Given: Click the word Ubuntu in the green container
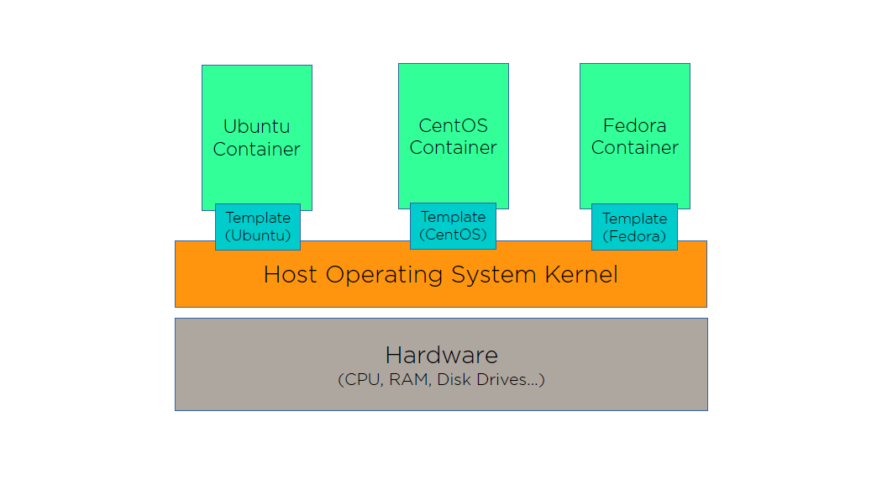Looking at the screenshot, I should click(x=256, y=127).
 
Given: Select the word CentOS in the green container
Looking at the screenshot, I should click(x=453, y=126).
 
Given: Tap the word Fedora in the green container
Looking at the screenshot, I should click(x=634, y=126).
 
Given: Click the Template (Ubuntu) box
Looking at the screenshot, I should click(x=257, y=227).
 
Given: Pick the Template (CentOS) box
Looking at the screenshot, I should click(x=453, y=226).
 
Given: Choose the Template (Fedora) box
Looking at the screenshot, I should click(x=634, y=227).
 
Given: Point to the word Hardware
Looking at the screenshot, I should click(x=441, y=355).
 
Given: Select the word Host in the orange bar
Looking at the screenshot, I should click(x=291, y=275).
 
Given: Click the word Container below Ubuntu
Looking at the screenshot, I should click(x=256, y=150).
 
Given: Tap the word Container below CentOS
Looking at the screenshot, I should click(x=453, y=148).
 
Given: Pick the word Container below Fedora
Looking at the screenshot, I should click(x=634, y=148).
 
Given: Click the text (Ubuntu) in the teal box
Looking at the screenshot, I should click(x=257, y=235).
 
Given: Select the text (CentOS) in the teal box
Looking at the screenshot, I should click(x=453, y=235).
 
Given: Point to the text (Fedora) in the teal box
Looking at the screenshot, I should click(x=634, y=236).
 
